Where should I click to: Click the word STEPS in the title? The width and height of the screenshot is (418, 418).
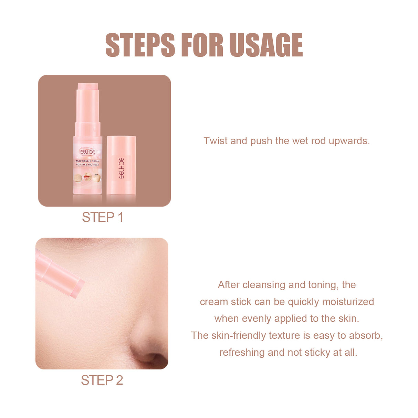point(140,45)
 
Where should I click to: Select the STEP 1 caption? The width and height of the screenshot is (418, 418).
point(102,217)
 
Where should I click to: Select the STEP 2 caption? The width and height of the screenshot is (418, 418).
point(102,380)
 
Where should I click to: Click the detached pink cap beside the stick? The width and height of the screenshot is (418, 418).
point(121,165)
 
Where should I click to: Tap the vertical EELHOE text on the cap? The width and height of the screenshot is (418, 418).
point(121,168)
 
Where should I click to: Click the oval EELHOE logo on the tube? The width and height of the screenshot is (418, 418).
point(87,151)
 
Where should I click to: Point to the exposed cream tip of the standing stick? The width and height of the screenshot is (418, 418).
point(88,86)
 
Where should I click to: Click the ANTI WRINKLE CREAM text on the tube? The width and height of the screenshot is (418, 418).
point(87,161)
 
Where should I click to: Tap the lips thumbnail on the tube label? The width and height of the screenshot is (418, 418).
point(87,178)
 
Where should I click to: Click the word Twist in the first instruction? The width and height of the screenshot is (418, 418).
point(216,141)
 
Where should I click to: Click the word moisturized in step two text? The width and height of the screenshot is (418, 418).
point(348,302)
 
